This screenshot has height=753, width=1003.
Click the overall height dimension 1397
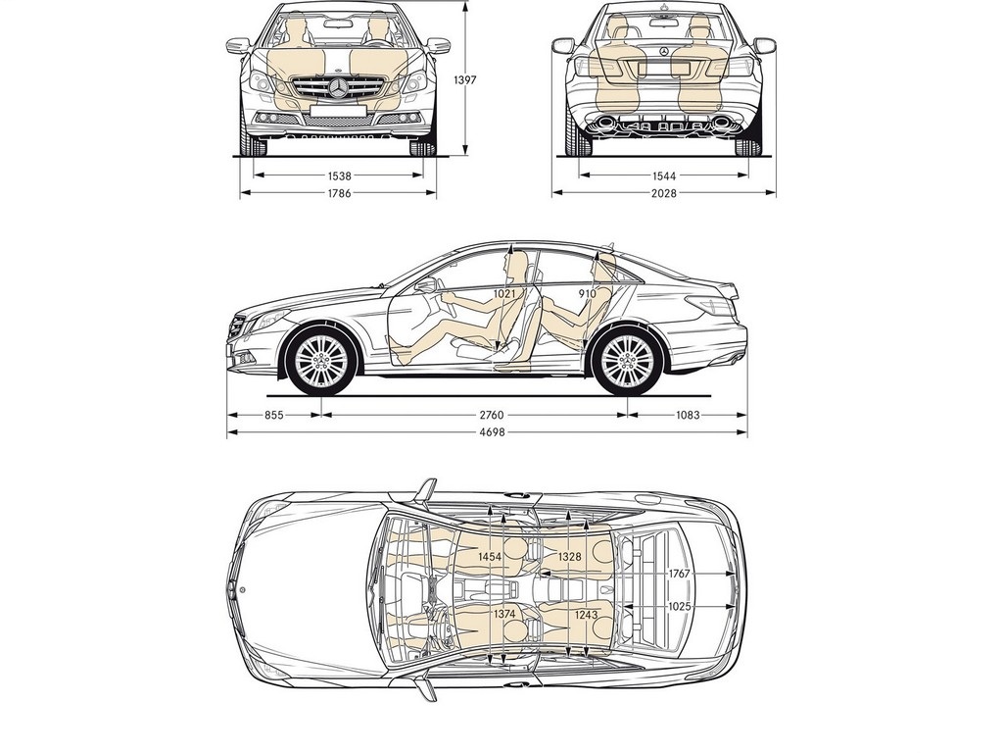point(466,80)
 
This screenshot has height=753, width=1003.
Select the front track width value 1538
point(339,176)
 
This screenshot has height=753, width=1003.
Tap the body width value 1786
point(339,193)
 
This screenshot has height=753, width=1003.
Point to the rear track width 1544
point(664,176)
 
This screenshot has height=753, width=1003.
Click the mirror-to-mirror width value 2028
point(664,193)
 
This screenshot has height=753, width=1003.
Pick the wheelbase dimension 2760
point(492,415)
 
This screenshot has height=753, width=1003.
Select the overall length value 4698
point(492,432)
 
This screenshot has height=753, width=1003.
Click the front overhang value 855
point(274,415)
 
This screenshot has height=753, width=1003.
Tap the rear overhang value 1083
point(688,415)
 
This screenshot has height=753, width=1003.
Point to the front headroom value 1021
point(504,293)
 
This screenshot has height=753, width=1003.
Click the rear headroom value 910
point(587,293)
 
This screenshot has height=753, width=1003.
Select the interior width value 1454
point(490,557)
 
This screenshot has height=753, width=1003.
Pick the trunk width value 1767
point(680,573)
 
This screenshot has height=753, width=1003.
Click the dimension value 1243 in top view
point(586,615)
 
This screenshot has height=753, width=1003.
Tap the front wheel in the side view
point(321,361)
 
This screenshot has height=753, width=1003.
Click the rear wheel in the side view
point(627,361)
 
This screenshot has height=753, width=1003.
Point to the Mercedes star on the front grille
point(338,87)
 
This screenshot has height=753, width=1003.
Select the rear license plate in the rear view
point(664,68)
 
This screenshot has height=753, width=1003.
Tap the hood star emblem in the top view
point(243,589)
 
